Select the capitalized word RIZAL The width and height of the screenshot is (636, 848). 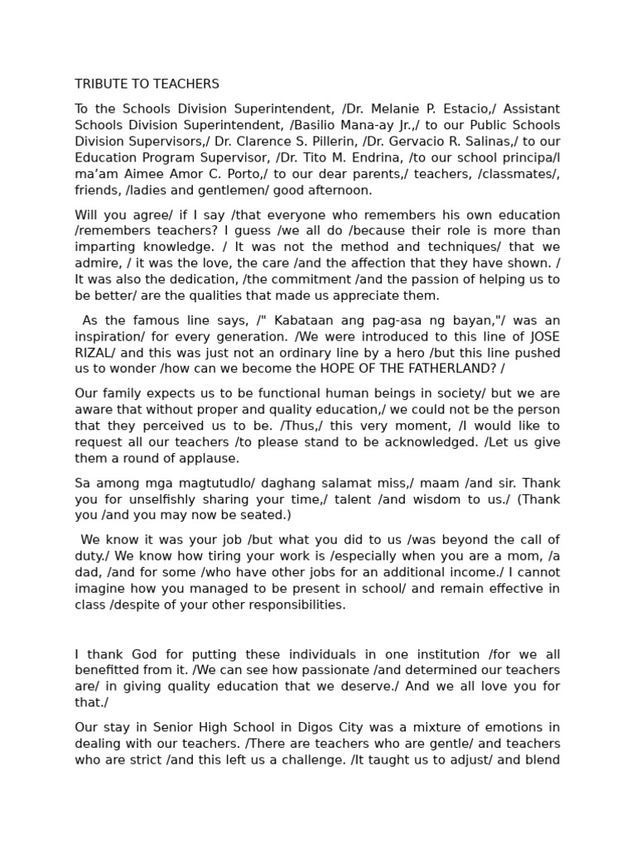coord(93,353)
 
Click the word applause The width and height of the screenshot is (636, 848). coord(211,459)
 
